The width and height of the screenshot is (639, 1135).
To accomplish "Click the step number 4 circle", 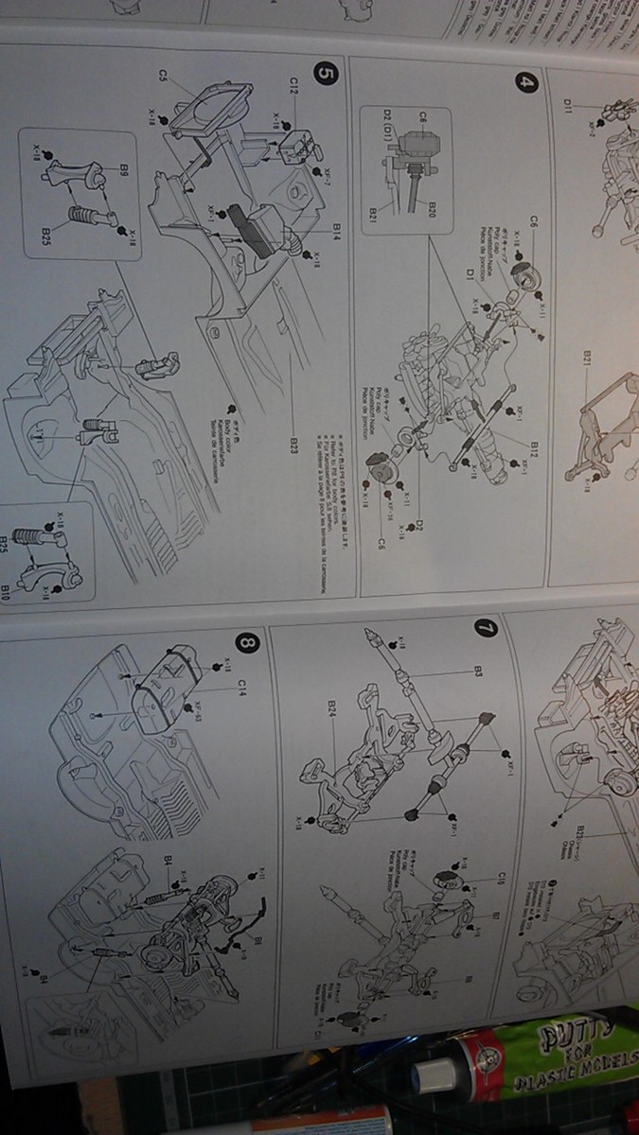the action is point(525,82).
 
